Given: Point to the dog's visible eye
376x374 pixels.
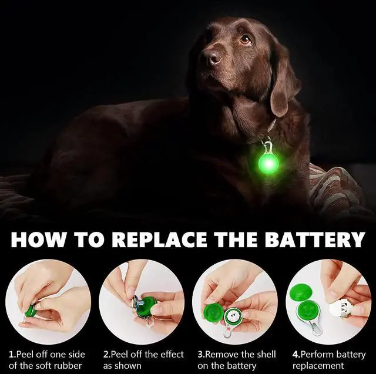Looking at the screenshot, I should point(245,39).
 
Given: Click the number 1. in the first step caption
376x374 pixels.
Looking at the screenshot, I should point(13,354).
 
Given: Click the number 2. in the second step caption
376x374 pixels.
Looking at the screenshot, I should point(107,354).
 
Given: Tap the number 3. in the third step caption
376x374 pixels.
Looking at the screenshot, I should point(201,354).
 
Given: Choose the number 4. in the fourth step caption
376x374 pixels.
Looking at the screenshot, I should point(296,354).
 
